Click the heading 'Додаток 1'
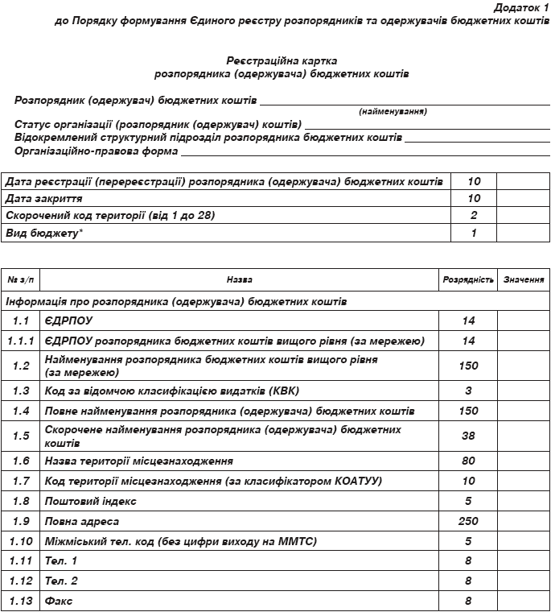[x=519, y=6]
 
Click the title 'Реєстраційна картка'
[x=282, y=60]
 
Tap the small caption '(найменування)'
[x=393, y=112]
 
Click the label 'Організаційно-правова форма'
[x=96, y=151]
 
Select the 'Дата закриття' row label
[x=41, y=198]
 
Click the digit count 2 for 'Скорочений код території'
[x=474, y=216]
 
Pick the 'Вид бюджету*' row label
[x=44, y=234]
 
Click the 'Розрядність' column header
[x=468, y=280]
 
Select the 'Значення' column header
[x=524, y=280]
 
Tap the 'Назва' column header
[x=239, y=280]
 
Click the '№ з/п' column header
[x=20, y=280]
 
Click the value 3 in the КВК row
[x=469, y=391]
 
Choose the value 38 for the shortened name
[x=469, y=436]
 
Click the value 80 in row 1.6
[x=469, y=461]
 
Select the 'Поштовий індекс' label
[x=91, y=501]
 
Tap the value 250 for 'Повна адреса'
[x=468, y=521]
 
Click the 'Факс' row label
[x=60, y=601]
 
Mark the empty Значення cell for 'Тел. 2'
[x=523, y=581]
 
